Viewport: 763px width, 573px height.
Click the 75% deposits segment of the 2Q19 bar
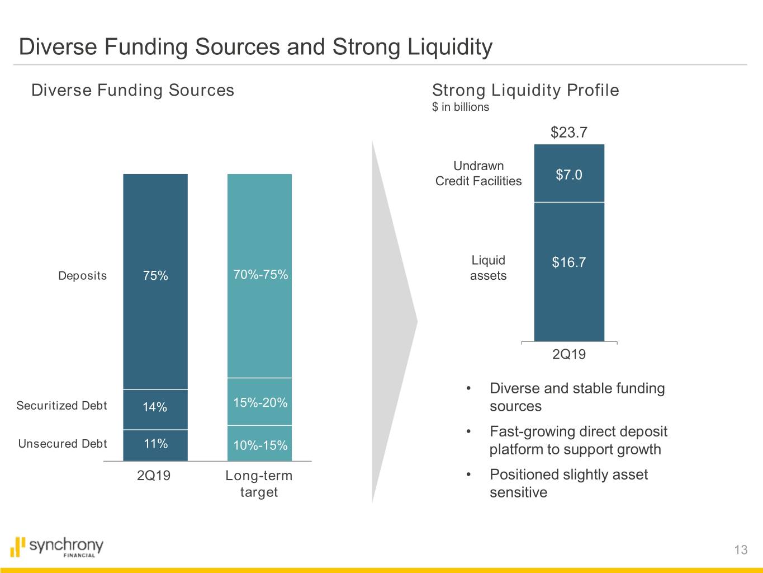155,280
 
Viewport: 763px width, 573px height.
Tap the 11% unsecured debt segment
155,445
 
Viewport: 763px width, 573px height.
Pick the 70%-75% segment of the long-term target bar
259,275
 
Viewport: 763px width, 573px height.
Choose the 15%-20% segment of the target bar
259,401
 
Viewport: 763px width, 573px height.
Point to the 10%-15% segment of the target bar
259,444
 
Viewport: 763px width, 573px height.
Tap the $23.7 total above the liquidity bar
569,133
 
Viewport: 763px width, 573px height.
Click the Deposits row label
82,276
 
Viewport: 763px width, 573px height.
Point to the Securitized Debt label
61,406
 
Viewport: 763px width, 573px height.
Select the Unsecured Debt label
63,444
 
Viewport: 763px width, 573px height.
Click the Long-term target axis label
259,483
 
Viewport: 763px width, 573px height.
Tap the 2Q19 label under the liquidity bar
569,354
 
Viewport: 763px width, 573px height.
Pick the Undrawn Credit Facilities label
478,173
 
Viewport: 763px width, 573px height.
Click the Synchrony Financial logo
57,547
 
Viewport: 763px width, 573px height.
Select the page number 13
741,550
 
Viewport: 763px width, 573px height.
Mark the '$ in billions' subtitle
461,107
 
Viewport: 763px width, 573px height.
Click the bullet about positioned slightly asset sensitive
568,483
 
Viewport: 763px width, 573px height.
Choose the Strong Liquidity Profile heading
525,90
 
